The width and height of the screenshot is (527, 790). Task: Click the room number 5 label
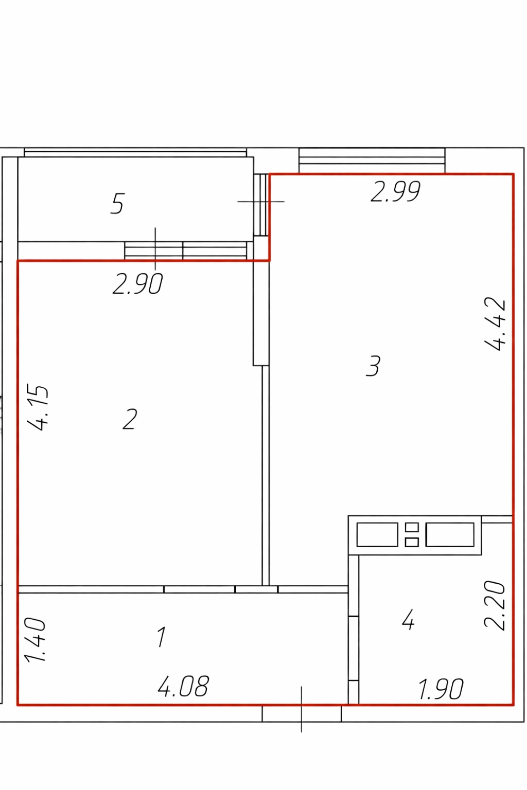pos(117,204)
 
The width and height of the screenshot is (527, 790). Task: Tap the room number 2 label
pos(130,419)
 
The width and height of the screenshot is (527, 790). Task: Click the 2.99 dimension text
pos(396,192)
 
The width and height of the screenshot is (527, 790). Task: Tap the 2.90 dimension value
pos(137,283)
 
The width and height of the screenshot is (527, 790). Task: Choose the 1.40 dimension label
pos(34,640)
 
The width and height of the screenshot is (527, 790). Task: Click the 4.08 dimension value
pos(183,686)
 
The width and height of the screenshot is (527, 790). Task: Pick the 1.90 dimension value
pos(441,689)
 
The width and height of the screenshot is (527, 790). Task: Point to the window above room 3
pos(372,160)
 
